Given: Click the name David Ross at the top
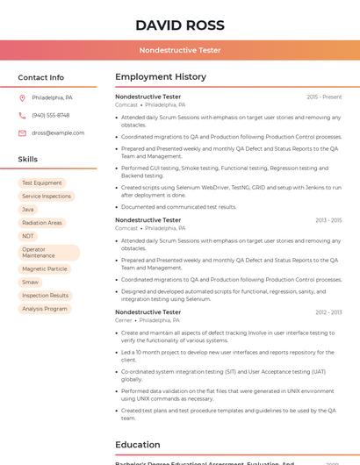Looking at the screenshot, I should pyautogui.click(x=180, y=25).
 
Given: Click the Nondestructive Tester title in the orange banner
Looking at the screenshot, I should pyautogui.click(x=180, y=50).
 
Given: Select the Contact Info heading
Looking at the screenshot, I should pyautogui.click(x=40, y=77).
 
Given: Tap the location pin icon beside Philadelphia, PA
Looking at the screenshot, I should pyautogui.click(x=22, y=98).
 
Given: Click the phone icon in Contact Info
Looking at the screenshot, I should pyautogui.click(x=22, y=116).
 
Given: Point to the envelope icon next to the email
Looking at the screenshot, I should pyautogui.click(x=22, y=133).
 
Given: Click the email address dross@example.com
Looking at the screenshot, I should pyautogui.click(x=58, y=133).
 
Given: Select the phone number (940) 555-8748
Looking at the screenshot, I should pyautogui.click(x=51, y=116).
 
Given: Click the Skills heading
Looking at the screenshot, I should pyautogui.click(x=28, y=160).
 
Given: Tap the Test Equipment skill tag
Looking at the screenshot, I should pyautogui.click(x=42, y=183).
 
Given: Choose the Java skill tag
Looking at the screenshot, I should pyautogui.click(x=28, y=210).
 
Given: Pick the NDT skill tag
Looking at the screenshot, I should pyautogui.click(x=28, y=236).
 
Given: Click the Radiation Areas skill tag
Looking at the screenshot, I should pyautogui.click(x=42, y=223).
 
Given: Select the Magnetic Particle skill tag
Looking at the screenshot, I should pyautogui.click(x=45, y=269).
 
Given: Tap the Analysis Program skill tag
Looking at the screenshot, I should pyautogui.click(x=45, y=309).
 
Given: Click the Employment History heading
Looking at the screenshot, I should pyautogui.click(x=161, y=77).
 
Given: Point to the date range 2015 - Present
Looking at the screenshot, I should pyautogui.click(x=324, y=97).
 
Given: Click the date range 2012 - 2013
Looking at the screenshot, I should pyautogui.click(x=328, y=312).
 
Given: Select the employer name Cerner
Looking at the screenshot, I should pyautogui.click(x=124, y=320).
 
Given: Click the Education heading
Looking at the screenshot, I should pyautogui.click(x=138, y=445).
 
